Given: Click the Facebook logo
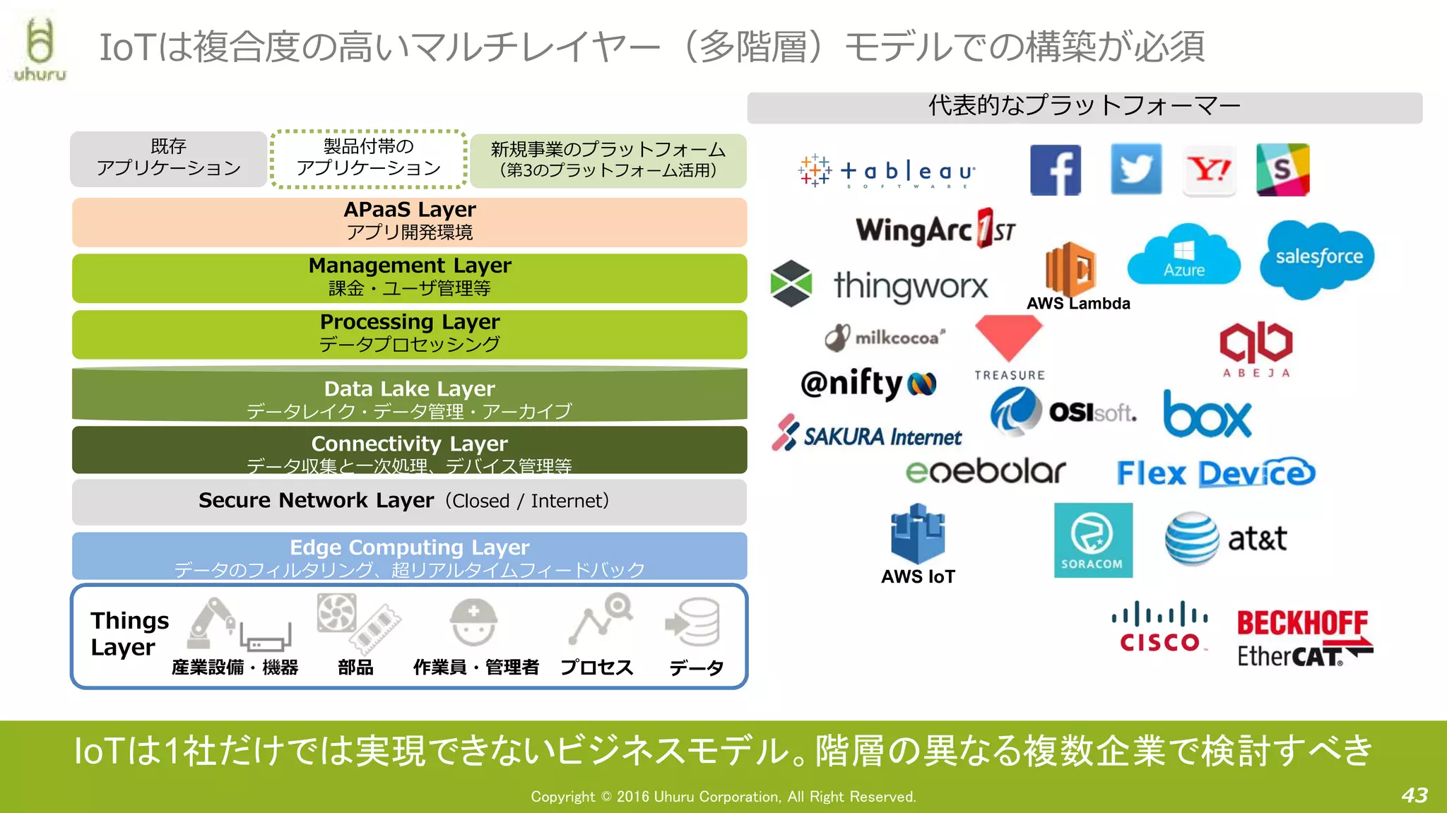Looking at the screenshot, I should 1055,170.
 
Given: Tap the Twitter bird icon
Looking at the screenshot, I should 1135,169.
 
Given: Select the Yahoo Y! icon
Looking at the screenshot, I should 1209,170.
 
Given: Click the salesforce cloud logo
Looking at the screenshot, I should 1318,257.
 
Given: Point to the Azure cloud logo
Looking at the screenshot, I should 1183,256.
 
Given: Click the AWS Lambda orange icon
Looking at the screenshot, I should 1070,268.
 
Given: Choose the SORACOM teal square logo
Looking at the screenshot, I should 1092,540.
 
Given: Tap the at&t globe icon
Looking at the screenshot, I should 1191,538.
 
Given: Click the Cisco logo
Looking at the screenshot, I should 1159,627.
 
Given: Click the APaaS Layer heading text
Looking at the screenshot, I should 409,210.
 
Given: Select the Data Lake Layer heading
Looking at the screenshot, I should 409,388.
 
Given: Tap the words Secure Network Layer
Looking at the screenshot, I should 316,500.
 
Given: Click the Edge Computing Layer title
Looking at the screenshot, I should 409,547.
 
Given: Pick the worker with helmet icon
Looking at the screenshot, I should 473,622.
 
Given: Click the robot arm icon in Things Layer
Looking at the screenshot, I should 211,622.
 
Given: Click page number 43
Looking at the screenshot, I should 1414,795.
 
